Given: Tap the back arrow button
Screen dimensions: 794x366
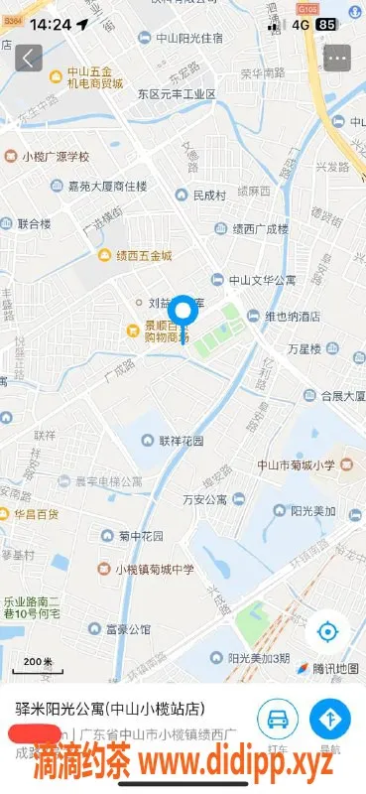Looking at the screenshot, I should click(29, 59).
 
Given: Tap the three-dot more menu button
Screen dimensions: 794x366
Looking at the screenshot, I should click(337, 59).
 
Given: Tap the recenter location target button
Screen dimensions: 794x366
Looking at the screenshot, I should click(328, 631).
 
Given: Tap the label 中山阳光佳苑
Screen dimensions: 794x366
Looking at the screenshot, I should click(187, 39).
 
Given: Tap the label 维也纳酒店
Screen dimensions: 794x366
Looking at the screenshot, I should click(284, 317).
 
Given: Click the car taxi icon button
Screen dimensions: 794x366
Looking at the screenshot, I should click(278, 718).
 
